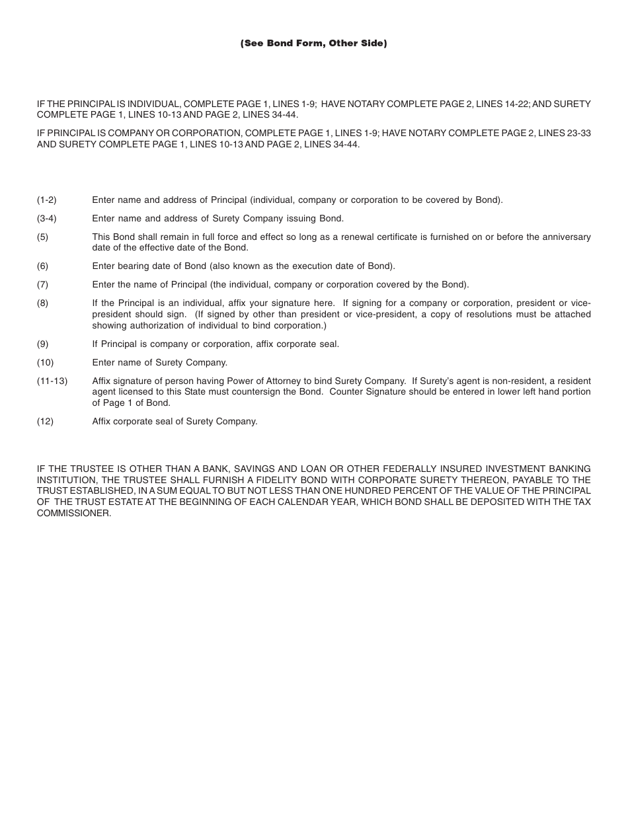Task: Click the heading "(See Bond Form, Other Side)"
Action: click(313, 44)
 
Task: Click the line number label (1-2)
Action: click(47, 200)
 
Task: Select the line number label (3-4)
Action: click(47, 218)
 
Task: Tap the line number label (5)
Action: click(42, 237)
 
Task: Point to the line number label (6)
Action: click(42, 266)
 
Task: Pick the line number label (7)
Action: click(42, 284)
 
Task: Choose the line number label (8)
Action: click(42, 303)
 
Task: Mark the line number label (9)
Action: click(42, 344)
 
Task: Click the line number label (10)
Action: click(45, 362)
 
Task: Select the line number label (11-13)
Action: click(52, 381)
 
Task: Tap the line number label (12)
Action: click(45, 421)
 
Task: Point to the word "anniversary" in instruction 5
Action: click(567, 237)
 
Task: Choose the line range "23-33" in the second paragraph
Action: click(578, 133)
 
